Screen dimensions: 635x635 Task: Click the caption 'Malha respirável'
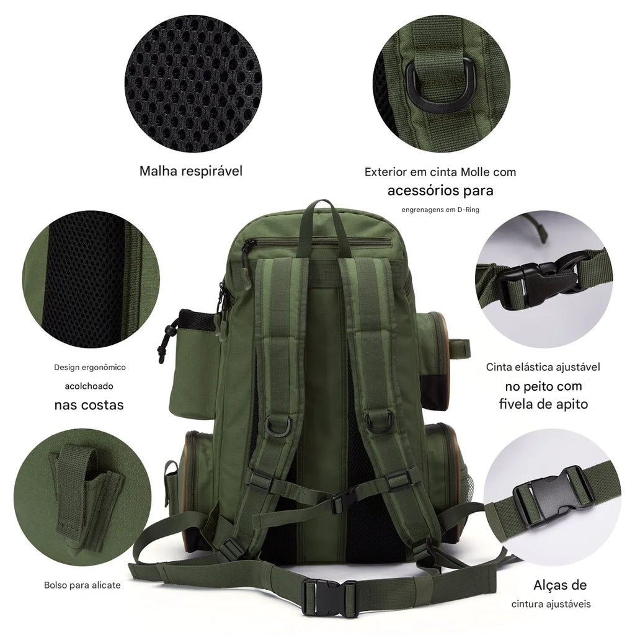click(x=191, y=171)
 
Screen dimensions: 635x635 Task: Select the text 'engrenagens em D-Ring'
click(x=440, y=210)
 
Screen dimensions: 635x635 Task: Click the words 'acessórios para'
click(x=440, y=190)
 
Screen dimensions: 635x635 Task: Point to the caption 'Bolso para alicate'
click(x=82, y=585)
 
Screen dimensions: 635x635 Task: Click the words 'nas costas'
click(x=89, y=405)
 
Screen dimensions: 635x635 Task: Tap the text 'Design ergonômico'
click(x=90, y=367)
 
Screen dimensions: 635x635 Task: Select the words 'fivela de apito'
click(x=543, y=404)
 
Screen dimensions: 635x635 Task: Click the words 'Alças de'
click(x=560, y=585)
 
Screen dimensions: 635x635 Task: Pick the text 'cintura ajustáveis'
click(x=551, y=604)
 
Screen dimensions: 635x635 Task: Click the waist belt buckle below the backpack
click(x=321, y=589)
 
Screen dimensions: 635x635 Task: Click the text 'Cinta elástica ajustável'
click(x=543, y=367)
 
